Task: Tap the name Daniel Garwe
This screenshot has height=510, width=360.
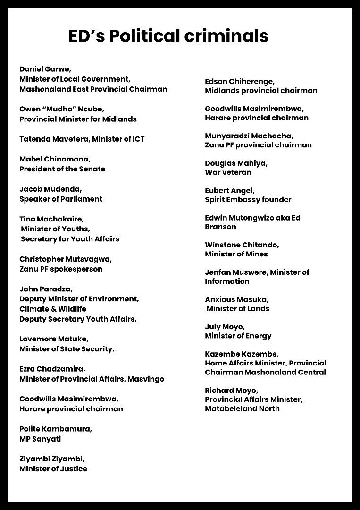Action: click(45, 69)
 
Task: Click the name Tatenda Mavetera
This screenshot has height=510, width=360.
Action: click(55, 139)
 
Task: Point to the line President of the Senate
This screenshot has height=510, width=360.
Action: click(62, 169)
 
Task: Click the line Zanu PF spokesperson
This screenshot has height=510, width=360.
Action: click(61, 269)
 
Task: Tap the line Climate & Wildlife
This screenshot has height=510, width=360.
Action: click(53, 309)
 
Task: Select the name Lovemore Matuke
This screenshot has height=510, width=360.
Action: click(54, 339)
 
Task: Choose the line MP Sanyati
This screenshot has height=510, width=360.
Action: click(40, 439)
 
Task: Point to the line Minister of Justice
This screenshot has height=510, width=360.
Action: click(53, 469)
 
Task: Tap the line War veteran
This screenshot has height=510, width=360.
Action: click(228, 172)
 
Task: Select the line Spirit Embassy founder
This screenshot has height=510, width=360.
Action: click(248, 200)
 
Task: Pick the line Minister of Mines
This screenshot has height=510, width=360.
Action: click(236, 254)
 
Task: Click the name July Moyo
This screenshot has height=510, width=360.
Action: click(225, 327)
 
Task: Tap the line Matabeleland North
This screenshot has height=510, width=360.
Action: click(242, 408)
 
